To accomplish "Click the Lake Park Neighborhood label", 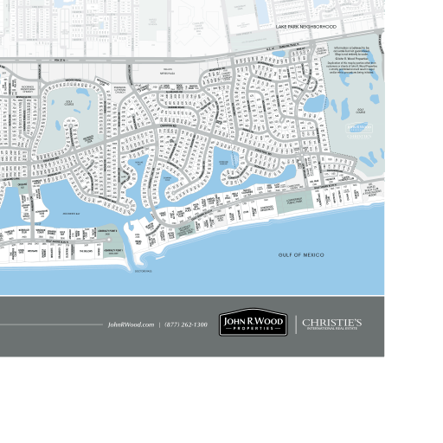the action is tap(305, 27).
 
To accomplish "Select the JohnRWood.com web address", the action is tap(131, 324).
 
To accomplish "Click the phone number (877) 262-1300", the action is tap(186, 324).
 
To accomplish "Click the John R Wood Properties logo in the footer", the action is tap(252, 324).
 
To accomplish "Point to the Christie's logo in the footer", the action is tap(332, 322).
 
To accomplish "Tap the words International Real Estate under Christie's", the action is tap(332, 330).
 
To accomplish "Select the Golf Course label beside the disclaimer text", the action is tap(360, 110).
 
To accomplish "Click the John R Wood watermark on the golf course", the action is tap(358, 127).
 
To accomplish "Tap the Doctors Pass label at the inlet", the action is tap(144, 271).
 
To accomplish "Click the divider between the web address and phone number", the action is tap(159, 324).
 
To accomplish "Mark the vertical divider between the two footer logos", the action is tap(295, 324).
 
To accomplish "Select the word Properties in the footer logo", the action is tap(252, 329).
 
